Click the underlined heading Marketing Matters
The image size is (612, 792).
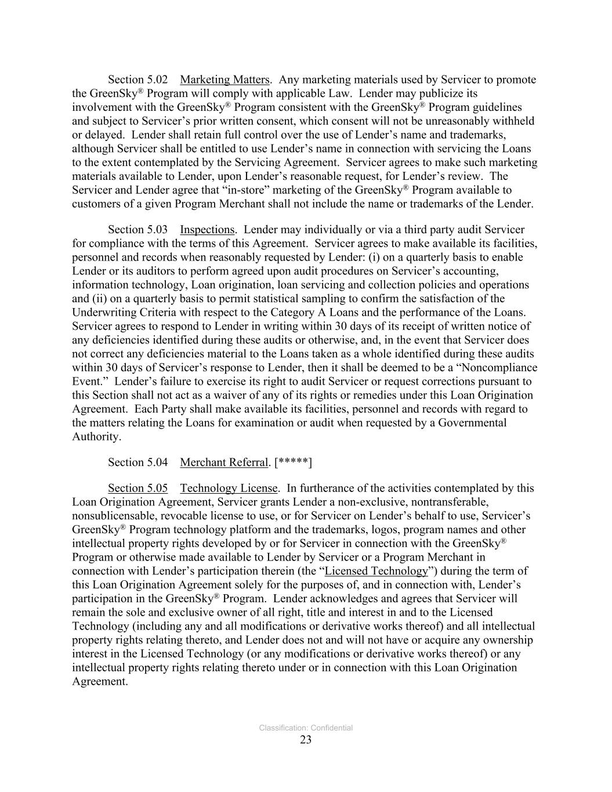[x=224, y=79]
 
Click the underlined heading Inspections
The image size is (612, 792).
[x=207, y=229]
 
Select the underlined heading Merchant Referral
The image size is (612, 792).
[x=224, y=462]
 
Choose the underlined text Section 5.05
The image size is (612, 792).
[x=137, y=488]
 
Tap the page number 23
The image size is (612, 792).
[x=306, y=739]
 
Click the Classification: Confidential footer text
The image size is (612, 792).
[x=306, y=728]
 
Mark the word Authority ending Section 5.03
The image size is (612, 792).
[x=96, y=436]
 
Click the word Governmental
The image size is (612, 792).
[x=472, y=422]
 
